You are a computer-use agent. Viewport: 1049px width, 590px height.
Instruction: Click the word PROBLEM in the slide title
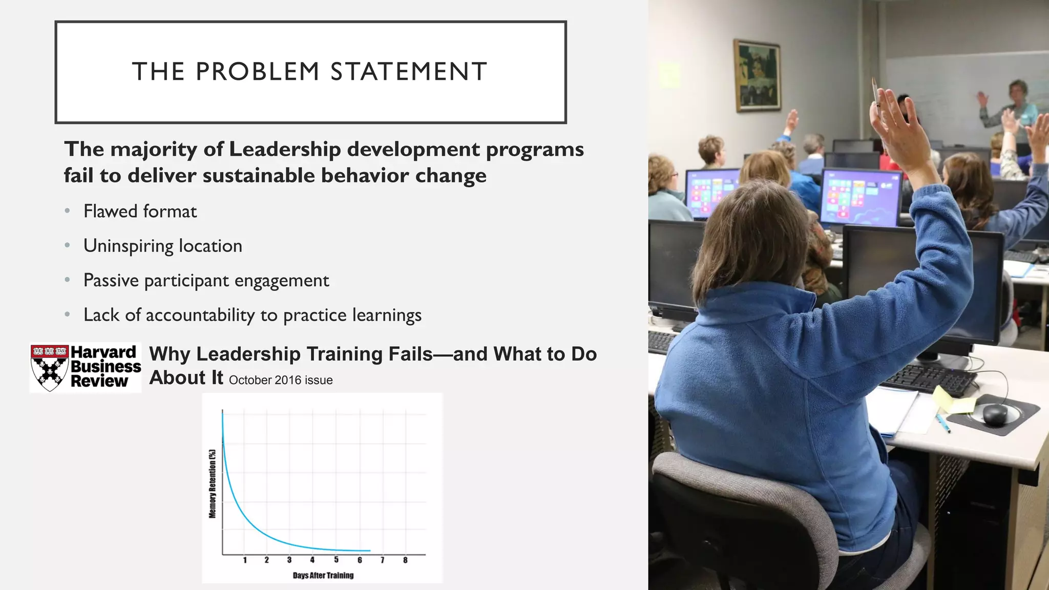coord(258,72)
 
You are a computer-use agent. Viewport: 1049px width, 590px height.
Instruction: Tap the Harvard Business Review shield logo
coord(49,368)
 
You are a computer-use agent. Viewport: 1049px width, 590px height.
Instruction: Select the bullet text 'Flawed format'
coord(140,212)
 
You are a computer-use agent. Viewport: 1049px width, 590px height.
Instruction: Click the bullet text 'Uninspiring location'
coord(163,246)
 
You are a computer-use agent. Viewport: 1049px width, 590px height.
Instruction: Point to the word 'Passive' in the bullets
coord(111,281)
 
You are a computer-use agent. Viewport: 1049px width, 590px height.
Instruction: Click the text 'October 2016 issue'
coord(281,381)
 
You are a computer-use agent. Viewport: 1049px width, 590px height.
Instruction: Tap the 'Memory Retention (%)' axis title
coord(213,483)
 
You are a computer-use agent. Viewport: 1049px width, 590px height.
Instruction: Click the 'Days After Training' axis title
coord(323,576)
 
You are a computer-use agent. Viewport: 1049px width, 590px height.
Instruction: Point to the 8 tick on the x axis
coord(405,560)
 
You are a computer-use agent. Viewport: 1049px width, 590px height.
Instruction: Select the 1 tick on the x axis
coord(245,560)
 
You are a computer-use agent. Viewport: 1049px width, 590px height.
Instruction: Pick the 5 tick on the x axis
coord(336,560)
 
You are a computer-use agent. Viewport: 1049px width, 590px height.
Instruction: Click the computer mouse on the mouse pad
coord(995,413)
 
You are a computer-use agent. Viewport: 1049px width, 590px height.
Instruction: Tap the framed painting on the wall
coord(758,75)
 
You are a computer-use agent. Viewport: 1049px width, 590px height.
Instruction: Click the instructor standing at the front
coord(1017,110)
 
